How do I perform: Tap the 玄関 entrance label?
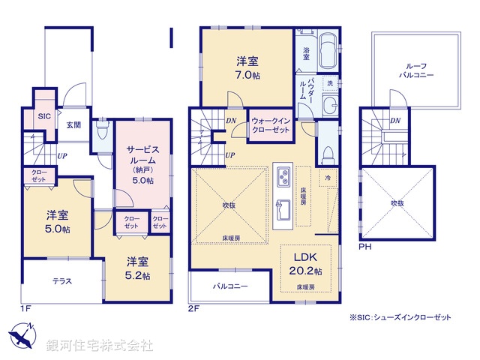(x=73, y=124)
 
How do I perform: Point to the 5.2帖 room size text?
(x=138, y=275)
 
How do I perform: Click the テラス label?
(x=61, y=281)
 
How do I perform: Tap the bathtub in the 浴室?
(x=328, y=53)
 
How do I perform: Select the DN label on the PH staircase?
(x=395, y=121)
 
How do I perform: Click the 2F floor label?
(x=194, y=307)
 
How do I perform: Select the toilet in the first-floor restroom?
(x=102, y=133)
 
